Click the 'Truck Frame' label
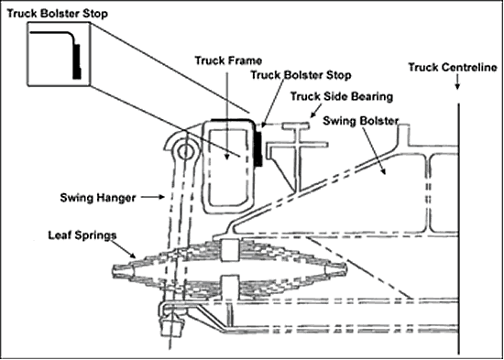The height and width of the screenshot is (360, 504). pos(228,60)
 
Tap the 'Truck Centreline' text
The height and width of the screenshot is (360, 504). pos(453,68)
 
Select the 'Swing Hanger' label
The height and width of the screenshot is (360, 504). pos(98,198)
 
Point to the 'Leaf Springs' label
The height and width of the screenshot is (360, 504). pos(82,235)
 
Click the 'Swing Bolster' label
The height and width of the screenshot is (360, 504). pos(361,121)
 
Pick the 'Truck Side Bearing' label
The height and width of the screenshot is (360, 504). pos(342,96)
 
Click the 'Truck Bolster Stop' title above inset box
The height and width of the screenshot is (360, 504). pos(57,14)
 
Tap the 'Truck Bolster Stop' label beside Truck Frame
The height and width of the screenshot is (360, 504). pos(301,75)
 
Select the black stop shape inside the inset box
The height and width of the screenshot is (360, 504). pos(76,61)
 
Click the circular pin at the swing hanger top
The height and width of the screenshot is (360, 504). pos(185,152)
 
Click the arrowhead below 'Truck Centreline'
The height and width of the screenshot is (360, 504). pos(457,86)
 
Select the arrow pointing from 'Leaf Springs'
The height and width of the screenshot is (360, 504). pos(125,249)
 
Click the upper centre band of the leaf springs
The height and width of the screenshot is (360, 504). pos(230,250)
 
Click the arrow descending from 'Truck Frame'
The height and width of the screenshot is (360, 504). pos(227,114)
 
